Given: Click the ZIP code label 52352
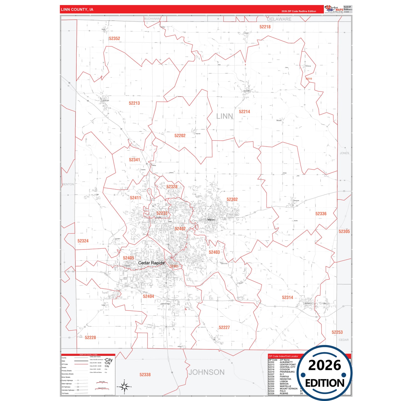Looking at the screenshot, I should tap(114, 39).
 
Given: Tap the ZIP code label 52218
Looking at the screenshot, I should tap(265, 27).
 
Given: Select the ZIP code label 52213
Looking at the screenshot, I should tap(134, 103).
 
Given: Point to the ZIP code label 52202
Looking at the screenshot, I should tap(180, 136).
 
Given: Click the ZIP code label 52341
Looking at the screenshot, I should tap(134, 160).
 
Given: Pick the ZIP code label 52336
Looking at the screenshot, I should tap(321, 214).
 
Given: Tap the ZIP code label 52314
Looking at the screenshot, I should tap(287, 297).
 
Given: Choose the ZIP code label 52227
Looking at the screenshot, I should tap(224, 327).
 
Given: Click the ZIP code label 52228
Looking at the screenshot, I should tap(90, 337).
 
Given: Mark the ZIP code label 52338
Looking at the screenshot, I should tap(145, 375).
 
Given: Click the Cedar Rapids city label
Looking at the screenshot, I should tap(151, 263).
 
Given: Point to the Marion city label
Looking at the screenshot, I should tap(211, 220).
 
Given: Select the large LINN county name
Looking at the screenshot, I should tap(225, 116).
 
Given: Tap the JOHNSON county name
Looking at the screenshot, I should tap(206, 372).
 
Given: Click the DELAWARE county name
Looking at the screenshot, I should tap(279, 19).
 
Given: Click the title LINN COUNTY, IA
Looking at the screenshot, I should tap(77, 9).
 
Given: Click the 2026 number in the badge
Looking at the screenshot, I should tap(324, 365).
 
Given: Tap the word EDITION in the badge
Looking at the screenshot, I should tap(325, 383).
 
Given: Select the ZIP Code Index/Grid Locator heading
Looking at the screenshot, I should tap(283, 356).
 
